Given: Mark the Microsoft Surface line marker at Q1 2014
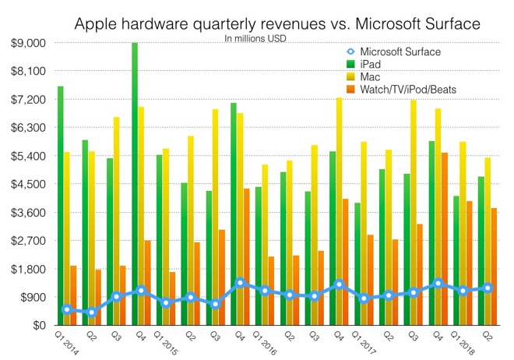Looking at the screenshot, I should point(67,309).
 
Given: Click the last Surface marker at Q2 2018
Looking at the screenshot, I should point(488,288).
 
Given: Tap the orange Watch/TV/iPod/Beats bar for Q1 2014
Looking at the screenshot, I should point(73,295).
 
